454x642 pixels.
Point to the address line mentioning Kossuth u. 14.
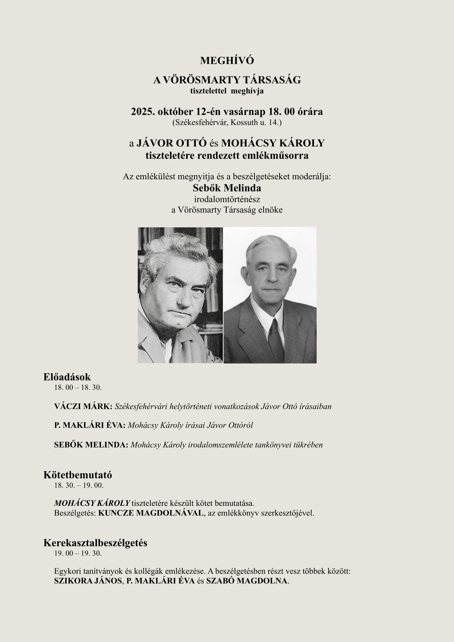click(x=227, y=123)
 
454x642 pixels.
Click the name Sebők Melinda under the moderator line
click(x=227, y=188)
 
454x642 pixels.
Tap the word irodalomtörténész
click(x=227, y=199)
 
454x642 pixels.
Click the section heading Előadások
click(x=67, y=377)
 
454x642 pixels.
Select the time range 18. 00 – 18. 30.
click(x=78, y=387)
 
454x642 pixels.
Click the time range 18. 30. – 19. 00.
click(x=79, y=486)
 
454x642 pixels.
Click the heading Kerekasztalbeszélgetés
click(x=95, y=543)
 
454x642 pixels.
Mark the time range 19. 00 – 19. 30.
click(x=78, y=553)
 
